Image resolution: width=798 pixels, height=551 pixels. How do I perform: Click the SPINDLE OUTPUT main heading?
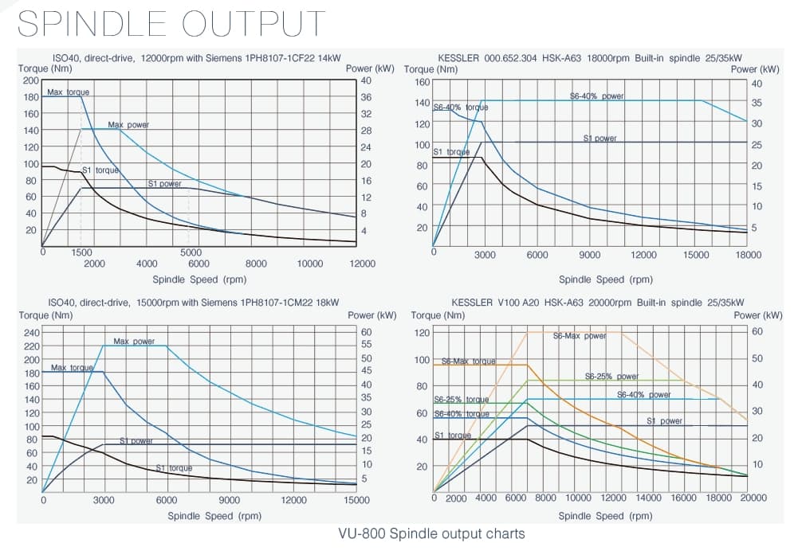coord(171,23)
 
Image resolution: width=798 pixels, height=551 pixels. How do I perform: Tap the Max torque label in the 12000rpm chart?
coord(68,92)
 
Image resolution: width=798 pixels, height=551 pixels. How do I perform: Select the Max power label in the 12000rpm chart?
coord(128,125)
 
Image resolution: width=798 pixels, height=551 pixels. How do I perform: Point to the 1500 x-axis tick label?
coord(82,252)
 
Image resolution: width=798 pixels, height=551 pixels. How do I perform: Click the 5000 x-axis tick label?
coord(190,252)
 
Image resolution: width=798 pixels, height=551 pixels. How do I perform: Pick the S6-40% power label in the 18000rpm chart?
coord(597,96)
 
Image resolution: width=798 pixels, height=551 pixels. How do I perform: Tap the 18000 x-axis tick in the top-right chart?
coord(748,255)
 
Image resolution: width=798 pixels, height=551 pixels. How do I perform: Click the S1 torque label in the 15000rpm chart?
coord(174,468)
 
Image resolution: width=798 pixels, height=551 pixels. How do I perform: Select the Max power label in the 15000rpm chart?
coord(134,342)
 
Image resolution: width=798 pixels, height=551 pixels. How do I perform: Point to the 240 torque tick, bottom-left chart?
coord(31,333)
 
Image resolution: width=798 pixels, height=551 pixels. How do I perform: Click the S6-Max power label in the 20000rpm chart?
coord(580,336)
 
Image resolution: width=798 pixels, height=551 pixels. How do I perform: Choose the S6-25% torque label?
coord(462,400)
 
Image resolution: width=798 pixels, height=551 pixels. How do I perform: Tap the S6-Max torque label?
coord(469,361)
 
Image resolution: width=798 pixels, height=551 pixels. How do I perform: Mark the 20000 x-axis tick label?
coord(753,498)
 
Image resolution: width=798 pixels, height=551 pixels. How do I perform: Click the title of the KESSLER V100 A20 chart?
coord(597,303)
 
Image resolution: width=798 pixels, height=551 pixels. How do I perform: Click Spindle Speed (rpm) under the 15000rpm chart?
coord(199,515)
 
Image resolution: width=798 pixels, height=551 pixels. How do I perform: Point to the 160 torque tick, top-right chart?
coord(422,82)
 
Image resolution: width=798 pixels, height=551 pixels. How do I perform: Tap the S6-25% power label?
coord(611,377)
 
